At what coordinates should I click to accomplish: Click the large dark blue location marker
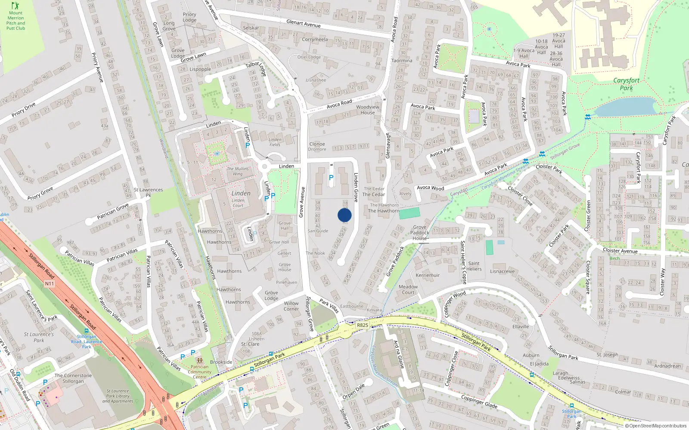[x=344, y=215]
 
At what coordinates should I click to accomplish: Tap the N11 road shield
[x=50, y=283]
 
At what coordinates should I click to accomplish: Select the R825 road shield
[x=363, y=325]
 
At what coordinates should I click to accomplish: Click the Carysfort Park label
[x=626, y=84]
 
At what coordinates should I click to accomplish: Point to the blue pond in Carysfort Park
[x=624, y=107]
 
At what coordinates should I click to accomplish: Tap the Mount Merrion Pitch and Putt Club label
[x=16, y=21]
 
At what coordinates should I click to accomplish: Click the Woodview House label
[x=368, y=110]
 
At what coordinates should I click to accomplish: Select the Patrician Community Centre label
[x=199, y=372]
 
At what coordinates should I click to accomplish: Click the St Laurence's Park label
[x=39, y=337]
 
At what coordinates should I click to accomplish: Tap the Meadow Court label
[x=408, y=289]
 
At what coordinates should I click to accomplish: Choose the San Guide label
[x=318, y=231]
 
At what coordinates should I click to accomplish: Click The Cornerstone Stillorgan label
[x=73, y=378]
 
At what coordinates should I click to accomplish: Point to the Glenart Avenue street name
[x=304, y=24]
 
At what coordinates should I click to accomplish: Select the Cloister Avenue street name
[x=620, y=251]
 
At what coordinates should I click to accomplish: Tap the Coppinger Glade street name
[x=479, y=402]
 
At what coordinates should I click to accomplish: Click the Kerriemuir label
[x=428, y=275]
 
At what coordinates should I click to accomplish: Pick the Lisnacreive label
[x=502, y=271]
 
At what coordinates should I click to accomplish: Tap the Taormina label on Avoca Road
[x=402, y=61]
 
